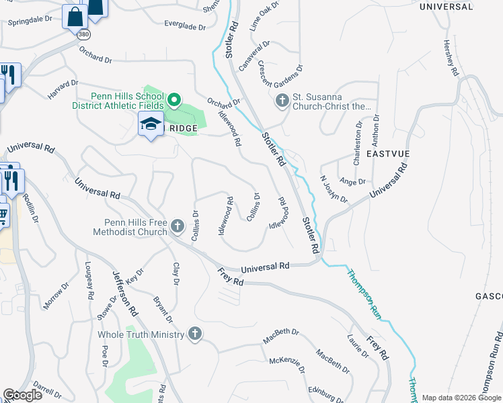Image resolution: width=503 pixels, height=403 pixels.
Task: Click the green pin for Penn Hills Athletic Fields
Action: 173,101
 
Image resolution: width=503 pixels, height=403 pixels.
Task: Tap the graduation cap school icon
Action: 151,124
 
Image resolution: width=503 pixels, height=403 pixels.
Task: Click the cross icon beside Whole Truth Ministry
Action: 195,333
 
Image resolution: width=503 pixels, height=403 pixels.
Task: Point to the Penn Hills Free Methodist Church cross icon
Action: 177,225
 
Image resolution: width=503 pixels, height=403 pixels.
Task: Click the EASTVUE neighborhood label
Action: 388,154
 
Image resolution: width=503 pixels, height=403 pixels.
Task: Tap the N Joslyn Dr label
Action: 334,190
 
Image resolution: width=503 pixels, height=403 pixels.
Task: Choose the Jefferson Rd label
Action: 124,292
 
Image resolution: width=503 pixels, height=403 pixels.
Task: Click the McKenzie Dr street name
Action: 287,365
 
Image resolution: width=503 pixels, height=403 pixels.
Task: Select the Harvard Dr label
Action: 63,89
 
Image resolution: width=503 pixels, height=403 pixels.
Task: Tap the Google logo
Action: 22,395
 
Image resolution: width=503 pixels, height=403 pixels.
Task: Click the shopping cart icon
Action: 3,216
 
